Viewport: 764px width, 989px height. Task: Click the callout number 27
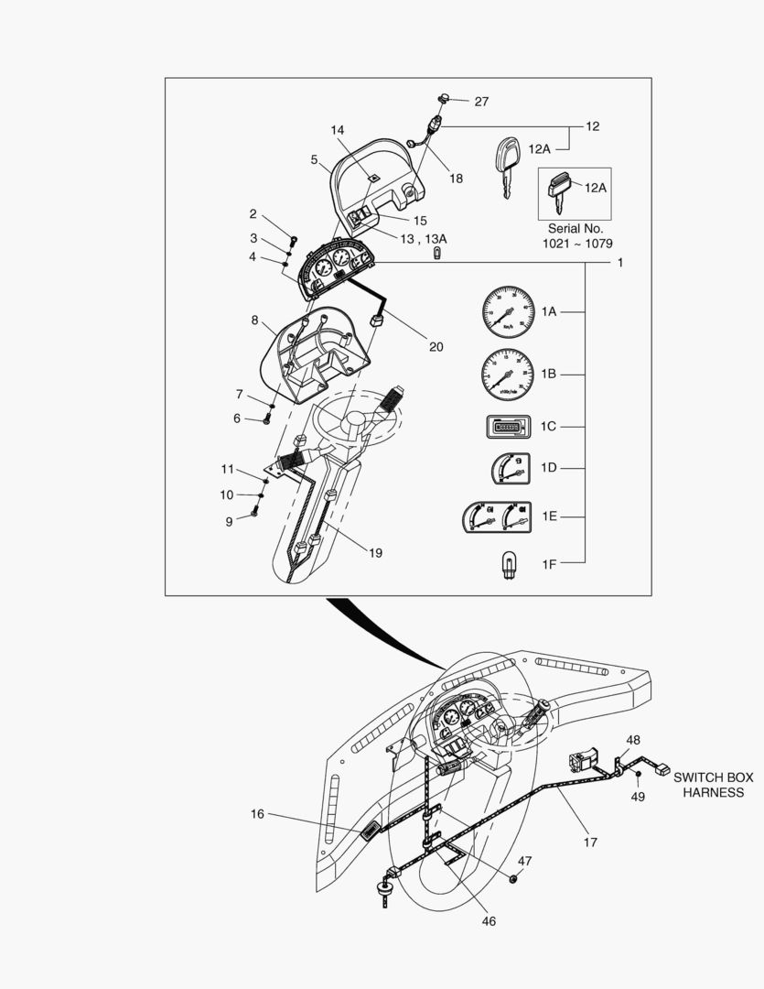(x=481, y=102)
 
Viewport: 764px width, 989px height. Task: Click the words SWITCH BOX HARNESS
(x=714, y=785)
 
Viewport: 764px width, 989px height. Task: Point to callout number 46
(x=489, y=920)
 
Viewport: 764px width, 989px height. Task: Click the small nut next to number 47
(x=513, y=879)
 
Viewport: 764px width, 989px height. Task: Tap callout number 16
(x=257, y=813)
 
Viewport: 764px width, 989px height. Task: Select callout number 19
(x=375, y=552)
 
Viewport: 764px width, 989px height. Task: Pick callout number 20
(x=436, y=346)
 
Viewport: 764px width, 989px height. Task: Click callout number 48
(x=633, y=739)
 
